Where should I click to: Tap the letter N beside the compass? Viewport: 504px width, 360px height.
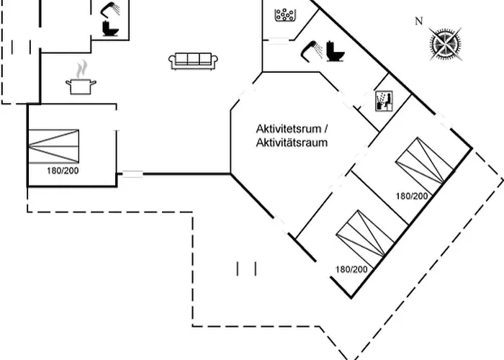coord(418,22)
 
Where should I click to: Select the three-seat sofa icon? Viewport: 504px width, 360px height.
coord(192,61)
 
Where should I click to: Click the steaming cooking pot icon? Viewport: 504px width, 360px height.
coord(80,86)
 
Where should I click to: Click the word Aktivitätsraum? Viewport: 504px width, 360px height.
coord(292,143)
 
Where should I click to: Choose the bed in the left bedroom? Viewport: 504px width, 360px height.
coord(53,146)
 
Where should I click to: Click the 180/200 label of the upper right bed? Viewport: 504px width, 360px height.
coord(411,196)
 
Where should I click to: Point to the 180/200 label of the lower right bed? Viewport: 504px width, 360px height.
coord(351,269)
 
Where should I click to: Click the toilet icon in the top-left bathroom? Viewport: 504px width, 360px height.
coord(110,28)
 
